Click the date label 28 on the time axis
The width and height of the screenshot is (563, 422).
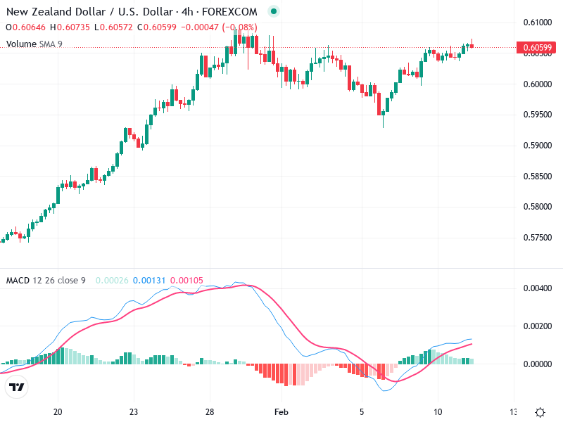(x=209, y=412)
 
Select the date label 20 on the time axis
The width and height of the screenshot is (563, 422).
(x=58, y=412)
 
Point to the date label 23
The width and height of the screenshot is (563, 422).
(x=134, y=412)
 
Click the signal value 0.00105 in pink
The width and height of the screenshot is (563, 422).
(x=186, y=281)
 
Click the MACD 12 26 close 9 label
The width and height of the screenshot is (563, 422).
(x=46, y=281)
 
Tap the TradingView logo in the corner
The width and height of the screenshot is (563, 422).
(x=16, y=387)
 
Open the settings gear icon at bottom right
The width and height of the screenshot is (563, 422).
(x=540, y=412)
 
